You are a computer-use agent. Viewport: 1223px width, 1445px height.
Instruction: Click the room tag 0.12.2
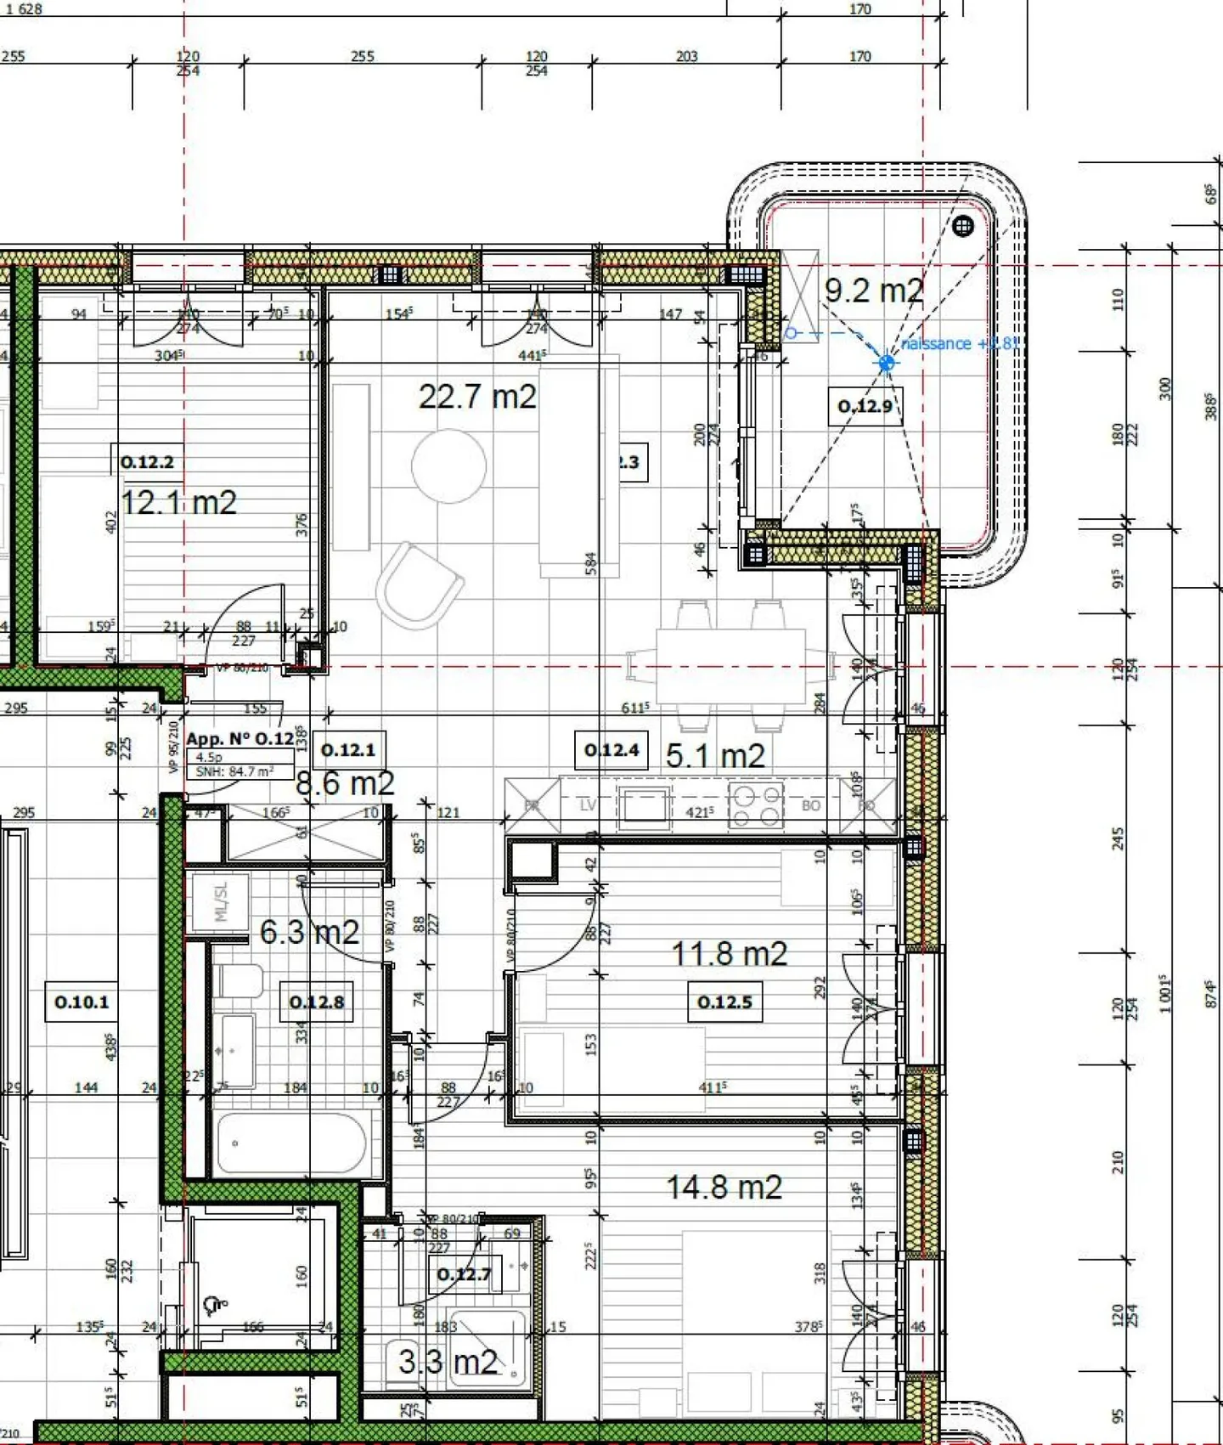(x=147, y=462)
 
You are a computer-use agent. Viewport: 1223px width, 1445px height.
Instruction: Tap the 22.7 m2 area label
(x=477, y=397)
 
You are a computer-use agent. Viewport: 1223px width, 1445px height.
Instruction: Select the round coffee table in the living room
(x=449, y=466)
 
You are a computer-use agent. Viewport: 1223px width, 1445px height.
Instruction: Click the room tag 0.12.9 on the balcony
(x=865, y=406)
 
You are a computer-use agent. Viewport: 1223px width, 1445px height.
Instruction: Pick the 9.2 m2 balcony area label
(x=873, y=291)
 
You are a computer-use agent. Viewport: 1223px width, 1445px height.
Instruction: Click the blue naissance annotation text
(x=959, y=344)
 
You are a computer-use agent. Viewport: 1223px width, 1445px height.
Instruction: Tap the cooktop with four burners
(x=756, y=804)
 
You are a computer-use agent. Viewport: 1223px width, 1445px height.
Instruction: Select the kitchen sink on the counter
(x=644, y=805)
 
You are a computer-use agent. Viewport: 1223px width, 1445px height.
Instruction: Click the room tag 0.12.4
(x=611, y=750)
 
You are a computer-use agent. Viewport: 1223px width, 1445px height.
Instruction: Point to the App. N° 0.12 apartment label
(x=240, y=739)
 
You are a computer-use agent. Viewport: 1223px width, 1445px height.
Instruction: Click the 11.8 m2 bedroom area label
(x=730, y=953)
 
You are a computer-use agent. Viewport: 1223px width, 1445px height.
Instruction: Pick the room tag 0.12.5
(x=724, y=1002)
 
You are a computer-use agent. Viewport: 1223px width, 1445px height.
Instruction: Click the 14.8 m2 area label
(x=724, y=1187)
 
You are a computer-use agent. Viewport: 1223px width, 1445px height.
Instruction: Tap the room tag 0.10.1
(x=82, y=1002)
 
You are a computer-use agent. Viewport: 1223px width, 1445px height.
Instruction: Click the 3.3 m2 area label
(x=448, y=1362)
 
